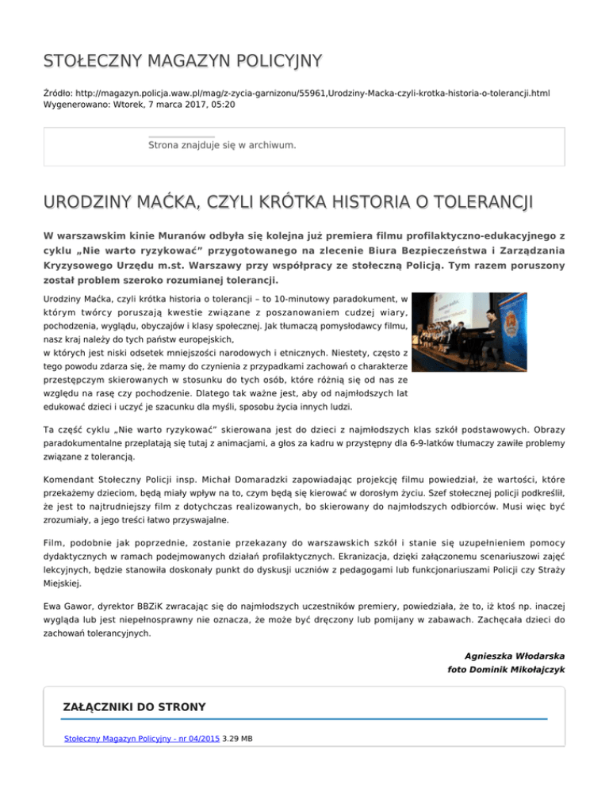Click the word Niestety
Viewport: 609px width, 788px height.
pyautogui.click(x=326, y=353)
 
